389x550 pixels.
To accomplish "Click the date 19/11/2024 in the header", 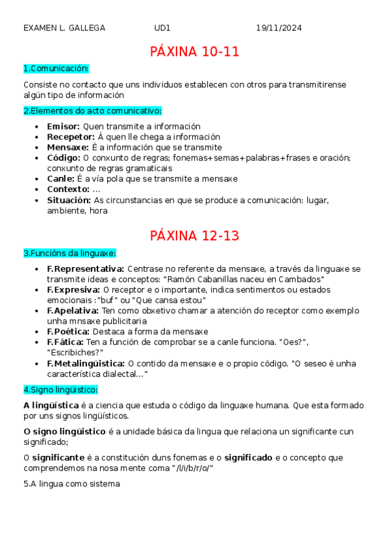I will pyautogui.click(x=279, y=28).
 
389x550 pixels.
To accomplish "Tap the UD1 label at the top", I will pyautogui.click(x=162, y=28).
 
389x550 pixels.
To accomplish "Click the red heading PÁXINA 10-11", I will pyautogui.click(x=194, y=52).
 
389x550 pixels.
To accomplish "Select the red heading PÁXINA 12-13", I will pyautogui.click(x=194, y=235).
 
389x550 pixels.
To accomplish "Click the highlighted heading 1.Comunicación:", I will pyautogui.click(x=56, y=69).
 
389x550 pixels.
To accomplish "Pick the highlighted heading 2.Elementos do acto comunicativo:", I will pyautogui.click(x=92, y=111).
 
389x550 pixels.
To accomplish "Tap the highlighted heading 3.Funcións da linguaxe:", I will pyautogui.click(x=69, y=252).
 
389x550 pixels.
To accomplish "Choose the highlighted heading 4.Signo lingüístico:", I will pyautogui.click(x=60, y=389).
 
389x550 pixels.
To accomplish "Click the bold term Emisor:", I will pyautogui.click(x=64, y=126).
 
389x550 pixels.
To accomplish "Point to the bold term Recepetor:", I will pyautogui.click(x=71, y=137).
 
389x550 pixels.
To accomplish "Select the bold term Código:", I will pyautogui.click(x=64, y=158).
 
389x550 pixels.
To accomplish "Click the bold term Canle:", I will pyautogui.click(x=61, y=178).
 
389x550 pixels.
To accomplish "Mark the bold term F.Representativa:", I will pyautogui.click(x=86, y=269).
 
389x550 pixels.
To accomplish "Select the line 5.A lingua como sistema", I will pyautogui.click(x=71, y=484).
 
